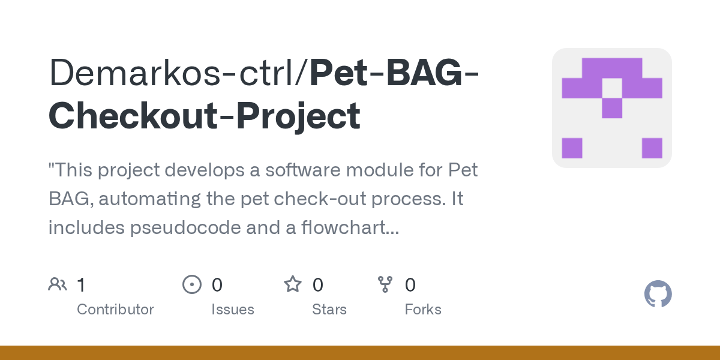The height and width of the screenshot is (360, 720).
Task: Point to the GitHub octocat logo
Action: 658,294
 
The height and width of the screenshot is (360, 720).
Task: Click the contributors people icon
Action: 58,284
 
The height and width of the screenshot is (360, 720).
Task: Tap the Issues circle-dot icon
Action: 192,284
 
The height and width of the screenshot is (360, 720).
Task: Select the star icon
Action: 293,284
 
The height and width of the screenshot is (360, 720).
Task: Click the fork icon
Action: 385,284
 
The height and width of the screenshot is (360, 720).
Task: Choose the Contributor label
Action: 115,310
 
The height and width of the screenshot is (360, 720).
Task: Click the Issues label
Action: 233,310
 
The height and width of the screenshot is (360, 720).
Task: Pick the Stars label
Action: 329,310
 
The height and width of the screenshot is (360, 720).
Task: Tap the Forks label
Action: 423,310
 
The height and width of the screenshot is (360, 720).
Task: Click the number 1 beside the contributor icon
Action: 81,284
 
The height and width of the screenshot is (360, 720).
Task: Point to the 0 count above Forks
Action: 410,284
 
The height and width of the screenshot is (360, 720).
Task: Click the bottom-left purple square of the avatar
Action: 572,148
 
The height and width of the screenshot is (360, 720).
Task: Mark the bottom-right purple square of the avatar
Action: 652,148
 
